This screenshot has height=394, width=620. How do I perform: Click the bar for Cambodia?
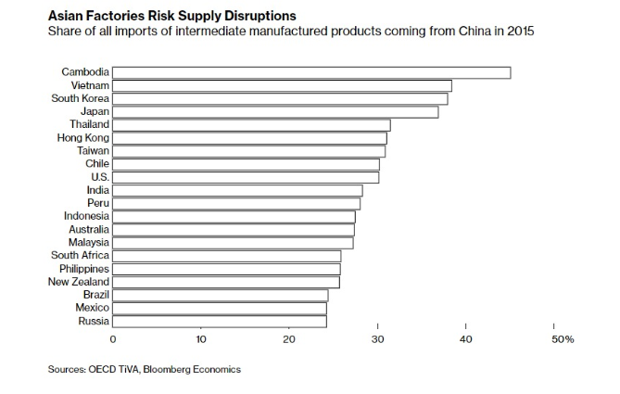311,72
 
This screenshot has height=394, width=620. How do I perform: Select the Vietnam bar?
282,85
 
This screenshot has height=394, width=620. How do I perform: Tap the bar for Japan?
275,111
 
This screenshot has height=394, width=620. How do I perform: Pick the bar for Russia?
220,322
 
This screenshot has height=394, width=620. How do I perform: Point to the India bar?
237,190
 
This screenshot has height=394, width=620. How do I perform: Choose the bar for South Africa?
226,256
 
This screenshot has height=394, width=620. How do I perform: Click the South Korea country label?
81,98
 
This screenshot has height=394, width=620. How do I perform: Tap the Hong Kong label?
83,137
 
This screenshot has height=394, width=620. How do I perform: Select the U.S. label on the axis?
99,177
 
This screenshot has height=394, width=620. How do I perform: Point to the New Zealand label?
79,282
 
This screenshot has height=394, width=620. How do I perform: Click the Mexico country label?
92,308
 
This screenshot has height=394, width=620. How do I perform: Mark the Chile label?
96,164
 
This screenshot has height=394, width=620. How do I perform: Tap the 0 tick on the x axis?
113,339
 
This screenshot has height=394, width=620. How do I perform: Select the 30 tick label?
377,339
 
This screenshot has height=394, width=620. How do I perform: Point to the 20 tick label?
289,339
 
